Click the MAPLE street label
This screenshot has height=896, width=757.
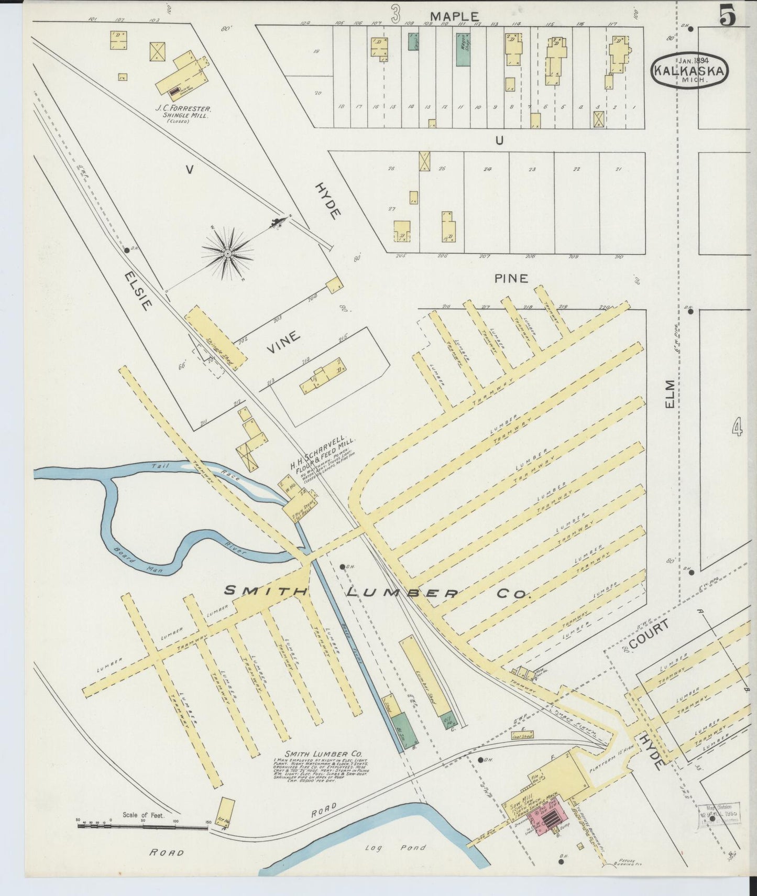click(455, 16)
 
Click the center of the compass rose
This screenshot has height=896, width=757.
click(228, 254)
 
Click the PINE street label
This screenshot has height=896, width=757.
click(511, 279)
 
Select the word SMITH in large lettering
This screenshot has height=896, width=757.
click(266, 591)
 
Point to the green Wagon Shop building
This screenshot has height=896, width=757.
click(462, 49)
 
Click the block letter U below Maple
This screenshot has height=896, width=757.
click(499, 140)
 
